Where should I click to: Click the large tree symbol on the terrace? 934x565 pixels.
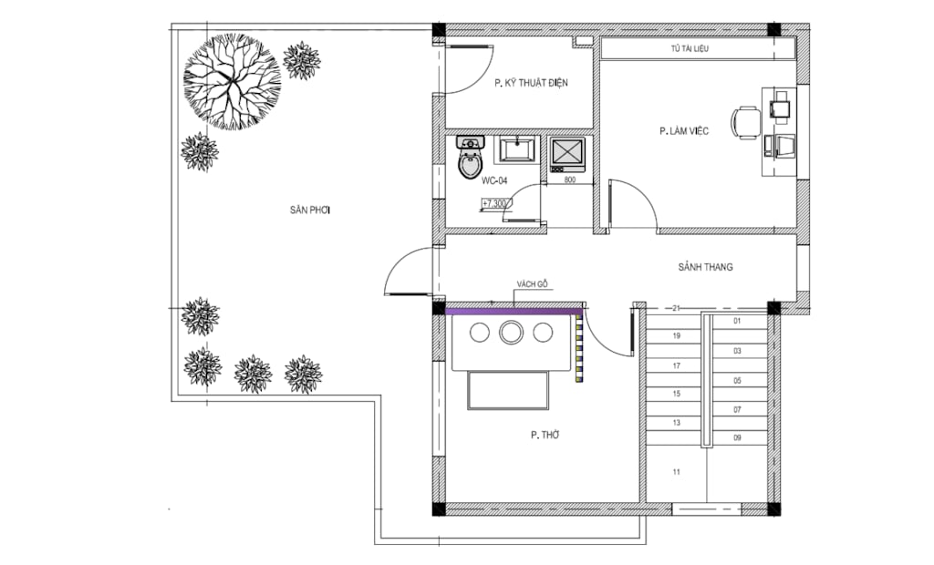(x=232, y=82)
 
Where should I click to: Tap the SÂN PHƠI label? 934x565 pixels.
(x=310, y=211)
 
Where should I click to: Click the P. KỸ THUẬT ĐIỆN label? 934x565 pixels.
(x=531, y=83)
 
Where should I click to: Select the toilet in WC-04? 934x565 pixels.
(x=471, y=157)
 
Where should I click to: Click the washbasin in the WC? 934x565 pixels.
(x=518, y=149)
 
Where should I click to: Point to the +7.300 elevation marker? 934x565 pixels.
(x=494, y=204)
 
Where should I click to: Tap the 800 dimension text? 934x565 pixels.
(x=569, y=180)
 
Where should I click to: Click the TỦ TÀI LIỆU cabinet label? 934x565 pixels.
(x=690, y=49)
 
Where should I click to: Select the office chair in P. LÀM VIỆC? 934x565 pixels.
(x=747, y=123)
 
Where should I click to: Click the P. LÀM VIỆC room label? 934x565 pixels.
(x=684, y=131)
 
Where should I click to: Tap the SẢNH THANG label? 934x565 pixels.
(x=705, y=267)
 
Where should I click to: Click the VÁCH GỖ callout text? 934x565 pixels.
(x=532, y=284)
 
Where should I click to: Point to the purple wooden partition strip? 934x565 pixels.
(x=514, y=310)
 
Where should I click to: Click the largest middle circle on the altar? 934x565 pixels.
(x=511, y=333)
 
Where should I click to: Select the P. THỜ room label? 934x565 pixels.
(x=545, y=436)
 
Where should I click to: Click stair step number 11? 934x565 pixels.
(x=676, y=472)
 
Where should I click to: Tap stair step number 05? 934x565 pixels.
(x=737, y=381)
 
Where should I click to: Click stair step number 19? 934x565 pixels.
(x=676, y=336)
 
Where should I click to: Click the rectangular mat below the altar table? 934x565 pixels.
(x=508, y=390)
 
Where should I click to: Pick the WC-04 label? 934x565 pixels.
(x=494, y=181)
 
